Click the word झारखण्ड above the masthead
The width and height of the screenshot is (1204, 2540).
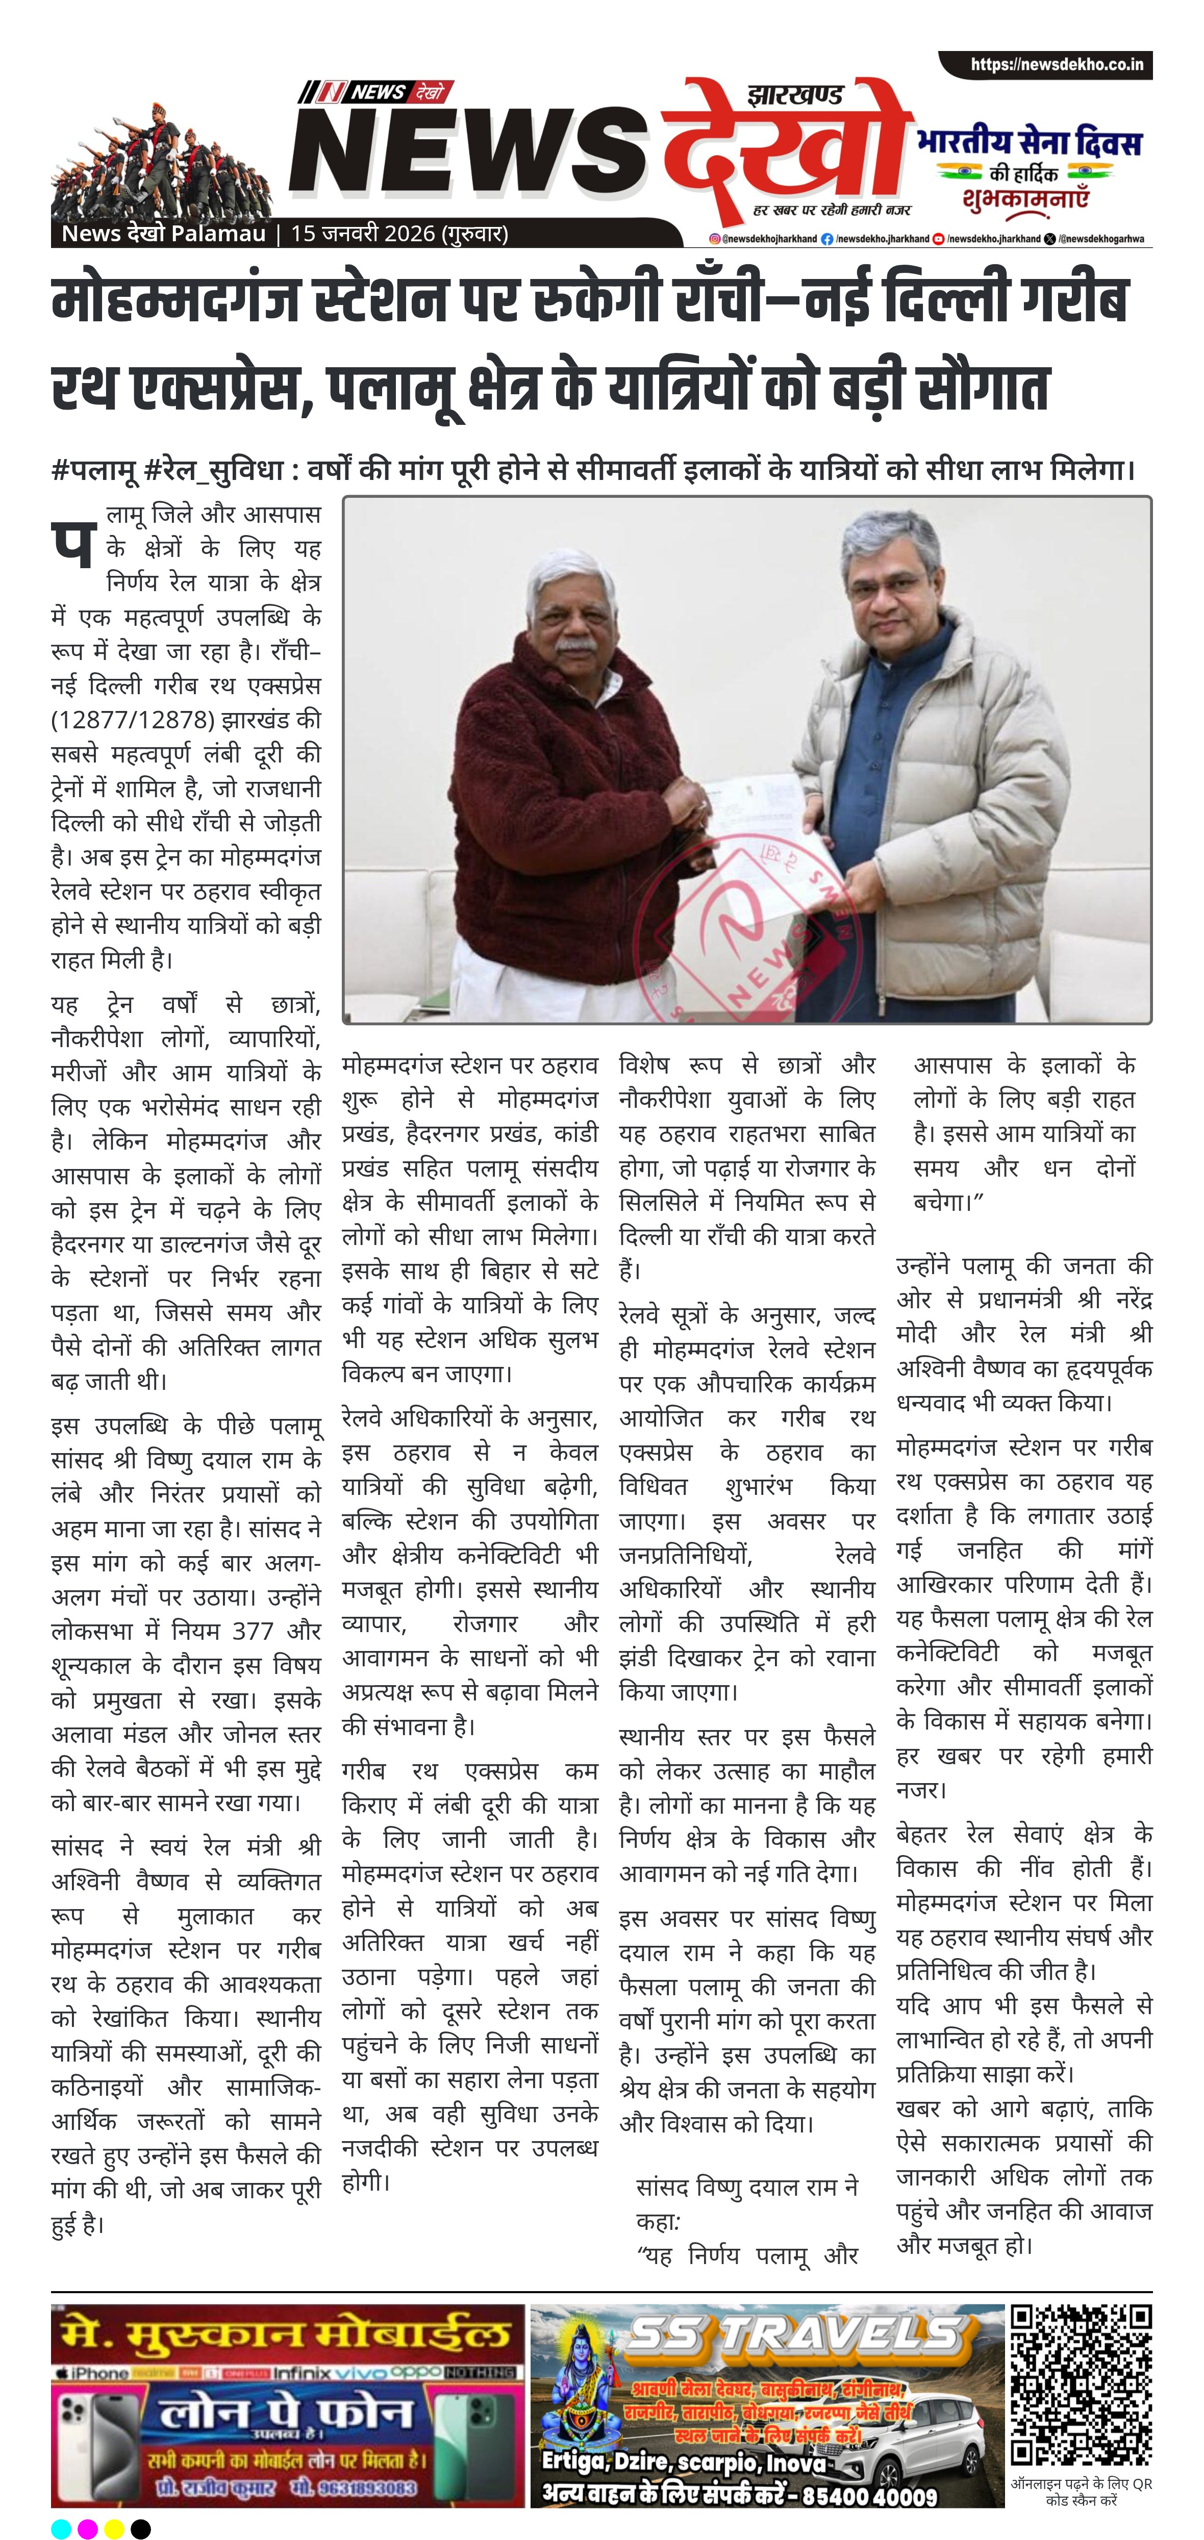coord(795,96)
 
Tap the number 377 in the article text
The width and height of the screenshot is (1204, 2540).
coord(253,1631)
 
